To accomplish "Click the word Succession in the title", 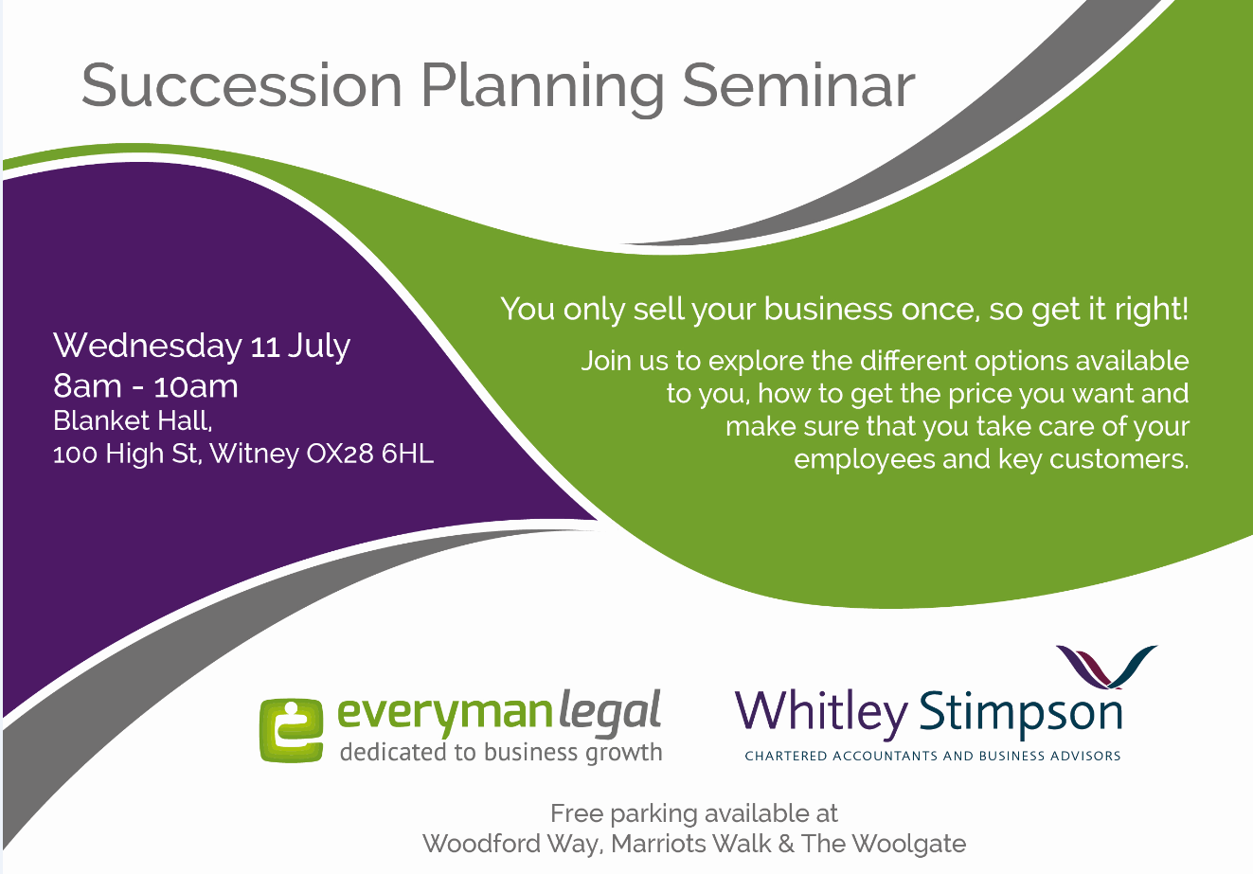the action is pyautogui.click(x=242, y=84).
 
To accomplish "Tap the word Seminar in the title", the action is pyautogui.click(x=798, y=84).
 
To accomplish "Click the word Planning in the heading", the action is pyautogui.click(x=542, y=89).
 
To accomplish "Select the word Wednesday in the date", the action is pyautogui.click(x=148, y=345).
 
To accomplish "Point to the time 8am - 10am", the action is pyautogui.click(x=146, y=386).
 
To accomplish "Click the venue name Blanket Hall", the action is pyautogui.click(x=133, y=421).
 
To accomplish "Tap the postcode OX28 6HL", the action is pyautogui.click(x=369, y=454).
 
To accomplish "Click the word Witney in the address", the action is pyautogui.click(x=255, y=455).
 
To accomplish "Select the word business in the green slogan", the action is pyautogui.click(x=828, y=309).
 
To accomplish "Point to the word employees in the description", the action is pyautogui.click(x=865, y=460).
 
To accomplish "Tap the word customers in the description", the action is pyautogui.click(x=1119, y=459).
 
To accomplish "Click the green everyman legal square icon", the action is pyautogui.click(x=292, y=730).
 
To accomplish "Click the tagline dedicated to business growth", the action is pyautogui.click(x=501, y=752).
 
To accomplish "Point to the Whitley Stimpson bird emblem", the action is pyautogui.click(x=1106, y=666).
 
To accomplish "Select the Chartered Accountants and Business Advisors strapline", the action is pyautogui.click(x=933, y=756).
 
